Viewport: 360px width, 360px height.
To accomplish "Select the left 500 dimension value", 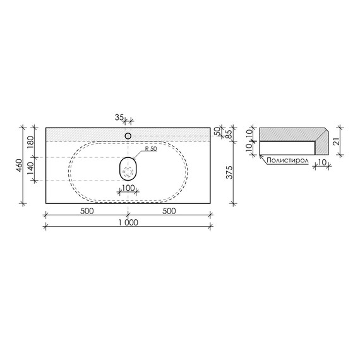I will pos(87,211).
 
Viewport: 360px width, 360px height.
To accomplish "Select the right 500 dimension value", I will pos(169,211).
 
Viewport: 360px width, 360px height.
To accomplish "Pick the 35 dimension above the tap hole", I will pos(119,117).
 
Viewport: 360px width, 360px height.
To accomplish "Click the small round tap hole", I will pos(128,136).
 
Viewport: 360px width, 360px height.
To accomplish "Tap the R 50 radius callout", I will pos(150,149).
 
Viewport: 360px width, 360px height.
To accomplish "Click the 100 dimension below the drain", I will pos(128,188).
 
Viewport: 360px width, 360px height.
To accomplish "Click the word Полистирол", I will pos(287,161).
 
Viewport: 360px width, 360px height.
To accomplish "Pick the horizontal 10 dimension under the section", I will pos(323,162).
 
